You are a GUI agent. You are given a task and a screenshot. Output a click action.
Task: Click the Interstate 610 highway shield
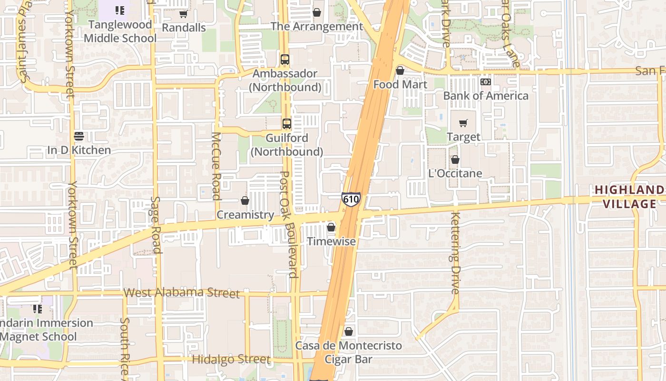pos(351,200)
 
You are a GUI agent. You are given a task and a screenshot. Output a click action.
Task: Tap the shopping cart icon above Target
pos(463,123)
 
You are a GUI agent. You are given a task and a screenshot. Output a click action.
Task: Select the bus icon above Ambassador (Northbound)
pos(285,60)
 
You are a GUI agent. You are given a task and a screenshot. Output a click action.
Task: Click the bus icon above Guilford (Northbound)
pos(287,124)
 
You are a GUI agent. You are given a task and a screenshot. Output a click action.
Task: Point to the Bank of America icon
pos(485,82)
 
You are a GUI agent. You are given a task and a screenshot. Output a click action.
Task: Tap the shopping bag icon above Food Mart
pos(400,70)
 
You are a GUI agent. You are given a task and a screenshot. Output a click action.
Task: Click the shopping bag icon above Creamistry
pos(245,201)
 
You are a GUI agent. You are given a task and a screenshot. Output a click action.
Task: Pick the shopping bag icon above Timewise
pos(331,228)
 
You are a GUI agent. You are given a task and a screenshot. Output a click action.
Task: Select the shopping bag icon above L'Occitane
pos(455,160)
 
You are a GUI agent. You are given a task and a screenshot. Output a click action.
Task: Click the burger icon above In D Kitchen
pos(79,136)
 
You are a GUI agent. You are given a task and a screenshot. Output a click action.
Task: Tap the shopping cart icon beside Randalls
pos(183,14)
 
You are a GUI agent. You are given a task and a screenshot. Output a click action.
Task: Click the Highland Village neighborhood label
pos(629,197)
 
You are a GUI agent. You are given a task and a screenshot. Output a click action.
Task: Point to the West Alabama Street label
pos(181,292)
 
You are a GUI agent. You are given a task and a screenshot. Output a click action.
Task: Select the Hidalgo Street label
pos(231,359)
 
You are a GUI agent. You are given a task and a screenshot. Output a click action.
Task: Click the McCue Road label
pos(216,166)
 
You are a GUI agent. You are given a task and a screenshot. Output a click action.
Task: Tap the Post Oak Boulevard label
pos(289,224)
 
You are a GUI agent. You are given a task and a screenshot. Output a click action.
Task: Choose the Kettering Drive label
pos(455,252)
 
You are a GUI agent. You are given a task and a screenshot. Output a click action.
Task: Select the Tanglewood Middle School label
pos(120,31)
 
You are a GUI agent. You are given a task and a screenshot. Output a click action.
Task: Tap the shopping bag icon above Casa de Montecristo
pos(349,331)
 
